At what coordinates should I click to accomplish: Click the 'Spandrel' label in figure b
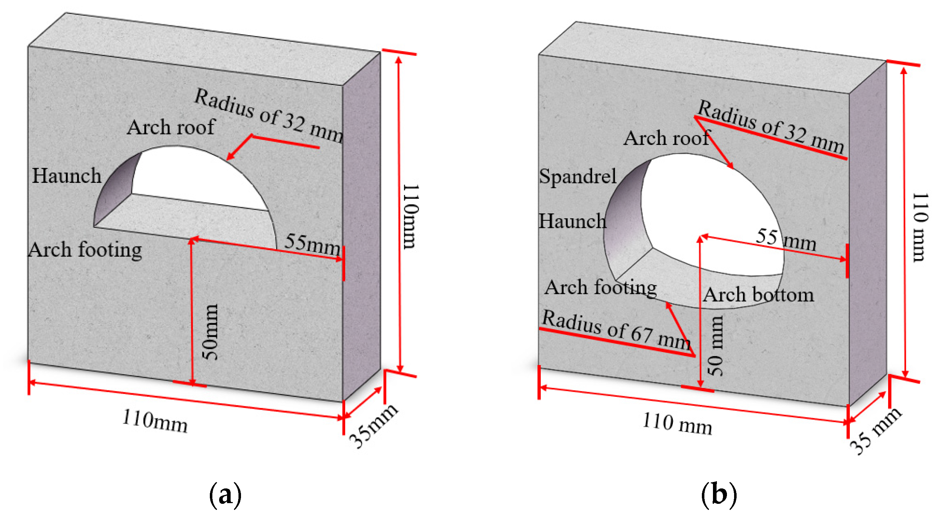(x=577, y=176)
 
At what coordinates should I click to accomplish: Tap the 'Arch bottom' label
(x=758, y=294)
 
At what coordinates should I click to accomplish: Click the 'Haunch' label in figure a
(x=66, y=176)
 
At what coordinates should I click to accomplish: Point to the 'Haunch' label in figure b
(x=572, y=221)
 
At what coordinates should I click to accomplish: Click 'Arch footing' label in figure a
(x=85, y=250)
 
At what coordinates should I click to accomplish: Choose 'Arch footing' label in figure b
(x=600, y=287)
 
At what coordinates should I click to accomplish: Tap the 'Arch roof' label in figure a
(x=171, y=127)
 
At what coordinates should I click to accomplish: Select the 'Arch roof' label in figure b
(x=666, y=138)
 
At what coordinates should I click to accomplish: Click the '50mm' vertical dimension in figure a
(x=211, y=332)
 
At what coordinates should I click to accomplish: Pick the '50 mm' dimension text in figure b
(x=715, y=346)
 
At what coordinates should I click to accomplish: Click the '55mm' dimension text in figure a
(x=312, y=244)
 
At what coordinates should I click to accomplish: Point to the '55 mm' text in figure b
(x=785, y=239)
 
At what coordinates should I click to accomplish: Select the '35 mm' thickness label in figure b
(x=874, y=431)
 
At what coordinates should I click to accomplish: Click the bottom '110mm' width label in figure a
(x=155, y=421)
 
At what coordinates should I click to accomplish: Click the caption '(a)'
(x=225, y=495)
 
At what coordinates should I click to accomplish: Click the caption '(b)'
(x=718, y=495)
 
